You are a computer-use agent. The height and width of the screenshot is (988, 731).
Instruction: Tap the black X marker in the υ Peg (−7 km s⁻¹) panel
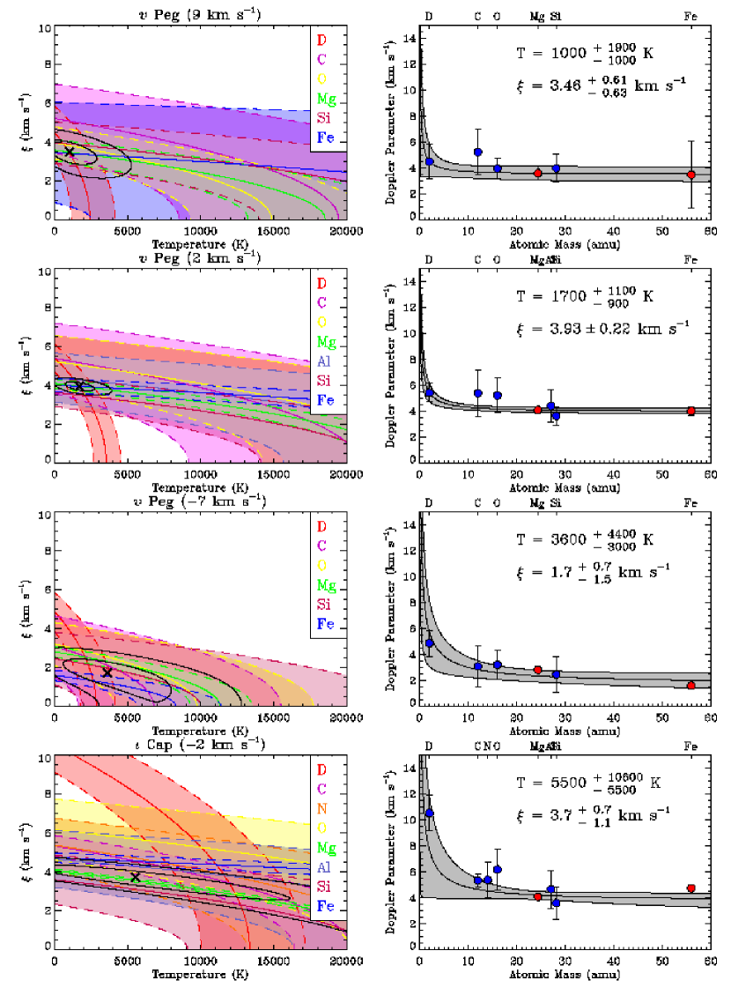coord(107,672)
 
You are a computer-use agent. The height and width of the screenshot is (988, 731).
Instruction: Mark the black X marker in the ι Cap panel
coord(135,877)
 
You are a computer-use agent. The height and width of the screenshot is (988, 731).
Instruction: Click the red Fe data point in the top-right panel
coord(691,175)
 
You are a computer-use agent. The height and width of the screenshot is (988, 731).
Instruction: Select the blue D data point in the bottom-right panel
coord(429,813)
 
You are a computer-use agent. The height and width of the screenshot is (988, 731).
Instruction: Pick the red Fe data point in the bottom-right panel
coord(691,888)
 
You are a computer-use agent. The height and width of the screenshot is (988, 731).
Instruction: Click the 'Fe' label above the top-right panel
coord(691,16)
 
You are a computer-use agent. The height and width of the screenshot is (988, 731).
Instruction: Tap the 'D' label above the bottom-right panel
coord(429,746)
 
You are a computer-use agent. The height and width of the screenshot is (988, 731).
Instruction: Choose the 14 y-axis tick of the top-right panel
coord(410,39)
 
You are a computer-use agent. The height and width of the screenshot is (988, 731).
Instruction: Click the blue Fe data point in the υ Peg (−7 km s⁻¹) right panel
coord(691,686)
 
